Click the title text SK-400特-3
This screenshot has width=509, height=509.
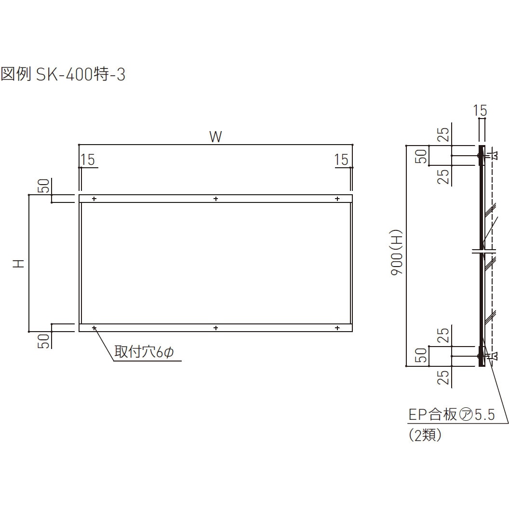[80, 74]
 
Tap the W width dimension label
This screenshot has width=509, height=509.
[215, 137]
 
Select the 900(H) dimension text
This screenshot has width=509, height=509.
[396, 253]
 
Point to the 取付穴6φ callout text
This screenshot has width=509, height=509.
[144, 352]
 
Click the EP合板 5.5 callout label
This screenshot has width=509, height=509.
[452, 415]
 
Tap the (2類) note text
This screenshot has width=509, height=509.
[425, 435]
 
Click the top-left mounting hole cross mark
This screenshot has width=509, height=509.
[94, 199]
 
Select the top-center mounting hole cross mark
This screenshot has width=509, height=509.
[216, 199]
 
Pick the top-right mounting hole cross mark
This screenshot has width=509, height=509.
[337, 199]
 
